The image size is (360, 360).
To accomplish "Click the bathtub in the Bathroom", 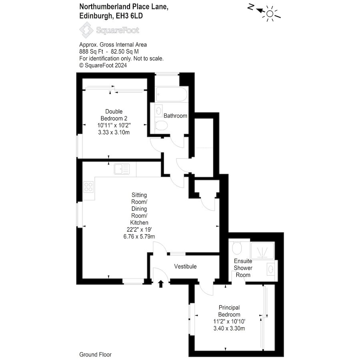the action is [x=172, y=94].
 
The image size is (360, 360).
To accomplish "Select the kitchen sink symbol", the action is [x=122, y=169].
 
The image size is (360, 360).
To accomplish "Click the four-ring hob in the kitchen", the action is [x=88, y=187].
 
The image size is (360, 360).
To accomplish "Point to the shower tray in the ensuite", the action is [x=262, y=250].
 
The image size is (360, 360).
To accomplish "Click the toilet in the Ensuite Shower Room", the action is [x=237, y=247].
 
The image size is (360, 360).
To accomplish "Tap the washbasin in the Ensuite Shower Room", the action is [x=271, y=269].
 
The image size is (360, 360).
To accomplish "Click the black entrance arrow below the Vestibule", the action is [x=161, y=284].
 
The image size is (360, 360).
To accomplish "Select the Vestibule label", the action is [x=185, y=266].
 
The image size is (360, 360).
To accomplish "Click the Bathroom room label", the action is [x=175, y=116].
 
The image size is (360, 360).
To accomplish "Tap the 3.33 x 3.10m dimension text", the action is [x=114, y=132].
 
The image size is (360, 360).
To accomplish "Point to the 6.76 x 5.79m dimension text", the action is [x=139, y=236].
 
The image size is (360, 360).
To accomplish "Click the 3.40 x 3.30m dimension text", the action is [x=229, y=328].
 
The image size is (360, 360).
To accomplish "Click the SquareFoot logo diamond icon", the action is [x=86, y=30].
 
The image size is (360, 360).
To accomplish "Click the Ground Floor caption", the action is [x=95, y=355].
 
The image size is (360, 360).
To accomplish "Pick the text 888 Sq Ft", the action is [x=91, y=52].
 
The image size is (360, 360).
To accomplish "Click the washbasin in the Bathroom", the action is [x=159, y=111].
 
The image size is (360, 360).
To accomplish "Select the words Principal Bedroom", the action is [x=229, y=311].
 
